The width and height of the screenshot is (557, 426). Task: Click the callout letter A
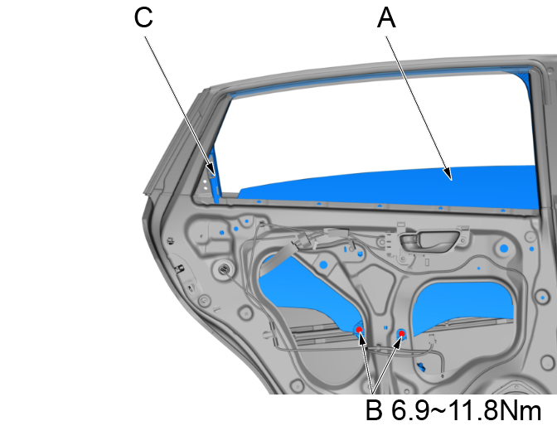(x=386, y=19)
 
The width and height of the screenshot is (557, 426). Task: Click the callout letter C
(x=143, y=19)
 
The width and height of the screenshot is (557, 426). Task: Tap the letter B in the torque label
(x=375, y=411)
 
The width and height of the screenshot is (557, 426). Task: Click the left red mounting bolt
(x=360, y=330)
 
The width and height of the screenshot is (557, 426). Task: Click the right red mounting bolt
(x=401, y=333)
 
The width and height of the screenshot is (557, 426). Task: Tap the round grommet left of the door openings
(x=221, y=269)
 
